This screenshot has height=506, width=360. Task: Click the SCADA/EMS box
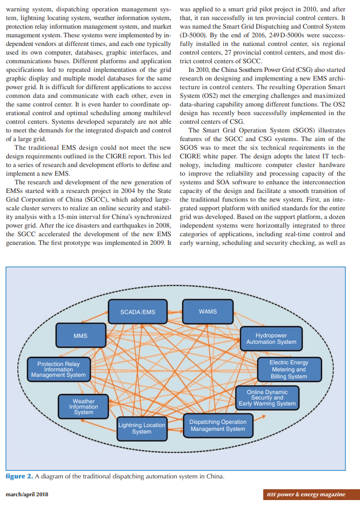coord(138,312)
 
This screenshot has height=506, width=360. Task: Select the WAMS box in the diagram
coord(208,312)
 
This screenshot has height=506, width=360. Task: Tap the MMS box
coord(81,336)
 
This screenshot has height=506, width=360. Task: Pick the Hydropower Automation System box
coord(271,338)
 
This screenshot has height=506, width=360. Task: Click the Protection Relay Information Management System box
coord(58,370)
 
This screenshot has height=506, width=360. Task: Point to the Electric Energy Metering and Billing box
coord(289,369)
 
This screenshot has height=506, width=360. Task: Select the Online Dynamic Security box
coord(268,398)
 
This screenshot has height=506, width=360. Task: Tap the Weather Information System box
coord(83,407)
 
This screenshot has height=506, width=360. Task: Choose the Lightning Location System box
coord(142,428)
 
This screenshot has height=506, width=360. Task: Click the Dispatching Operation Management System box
coord(218,425)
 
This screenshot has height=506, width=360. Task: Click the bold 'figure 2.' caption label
coord(19,476)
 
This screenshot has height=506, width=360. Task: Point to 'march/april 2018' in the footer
coord(26,495)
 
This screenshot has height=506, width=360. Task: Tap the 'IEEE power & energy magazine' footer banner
coord(305,495)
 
